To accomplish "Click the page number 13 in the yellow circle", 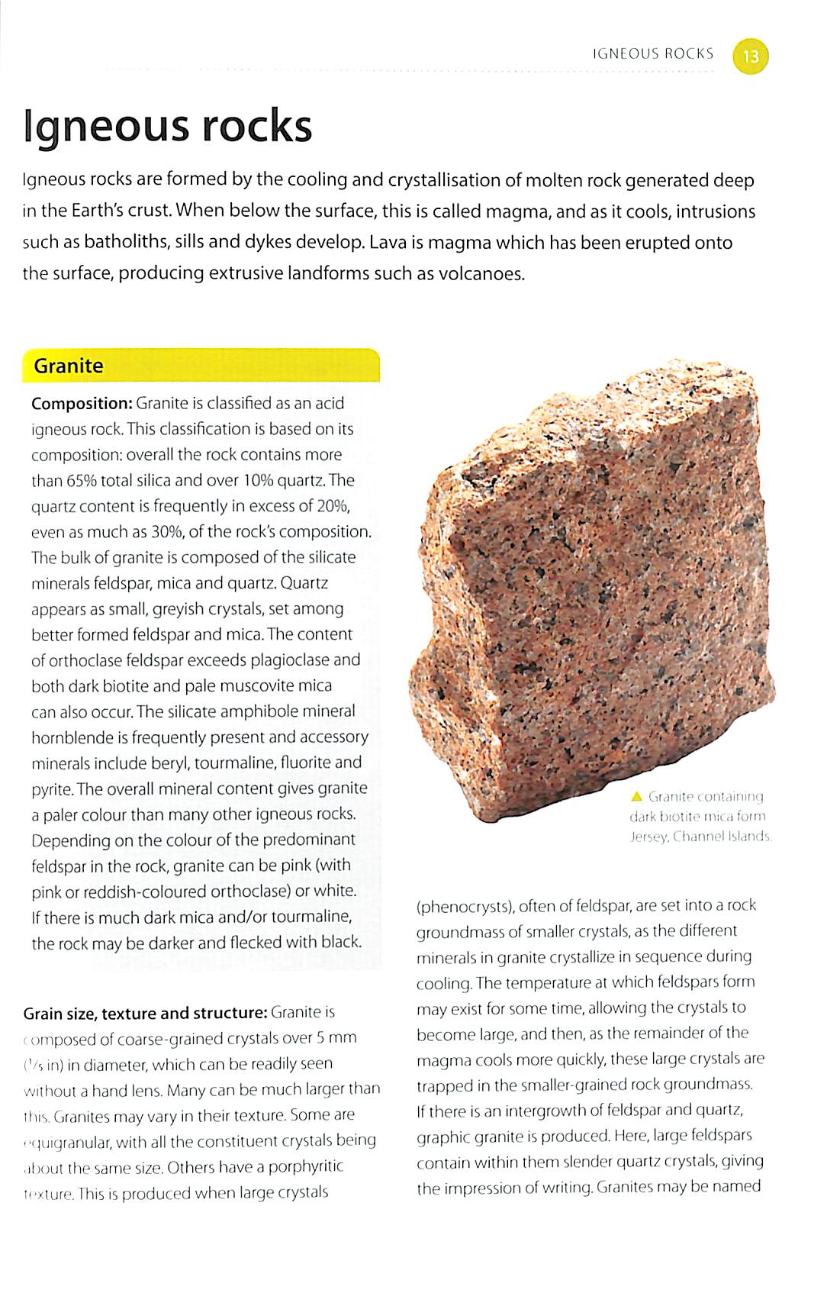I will [x=751, y=56].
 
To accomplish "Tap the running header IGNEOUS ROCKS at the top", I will [x=652, y=53].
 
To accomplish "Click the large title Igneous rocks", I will [x=168, y=127].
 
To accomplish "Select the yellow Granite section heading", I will [x=69, y=366].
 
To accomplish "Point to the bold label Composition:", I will [x=82, y=403].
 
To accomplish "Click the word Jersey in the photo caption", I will [x=648, y=837].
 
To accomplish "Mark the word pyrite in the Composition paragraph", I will [x=51, y=788].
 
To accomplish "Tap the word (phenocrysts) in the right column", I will [x=464, y=906].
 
